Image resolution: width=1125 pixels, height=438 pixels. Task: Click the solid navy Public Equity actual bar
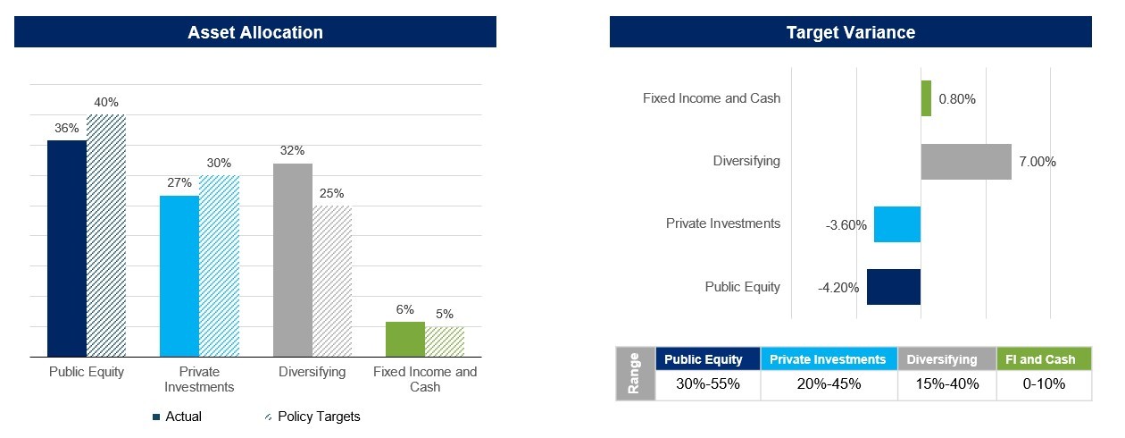pyautogui.click(x=67, y=248)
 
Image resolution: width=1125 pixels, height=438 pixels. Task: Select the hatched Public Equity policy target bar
pyautogui.click(x=106, y=236)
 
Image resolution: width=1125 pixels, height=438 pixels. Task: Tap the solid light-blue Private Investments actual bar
pyautogui.click(x=179, y=276)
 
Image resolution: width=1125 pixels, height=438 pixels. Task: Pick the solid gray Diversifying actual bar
pyautogui.click(x=293, y=260)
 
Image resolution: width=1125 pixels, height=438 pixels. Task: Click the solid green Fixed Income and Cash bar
pyautogui.click(x=405, y=340)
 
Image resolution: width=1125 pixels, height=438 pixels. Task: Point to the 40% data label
pyautogui.click(x=106, y=103)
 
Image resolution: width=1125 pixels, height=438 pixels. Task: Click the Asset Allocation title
pyautogui.click(x=255, y=33)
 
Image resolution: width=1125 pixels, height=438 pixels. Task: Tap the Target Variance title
pyautogui.click(x=850, y=33)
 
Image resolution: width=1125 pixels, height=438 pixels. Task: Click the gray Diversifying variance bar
pyautogui.click(x=966, y=162)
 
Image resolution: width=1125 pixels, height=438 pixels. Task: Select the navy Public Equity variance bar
pyautogui.click(x=894, y=287)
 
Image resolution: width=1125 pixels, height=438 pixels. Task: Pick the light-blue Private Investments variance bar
pyautogui.click(x=897, y=224)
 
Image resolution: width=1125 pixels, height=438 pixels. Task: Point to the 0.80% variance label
pyautogui.click(x=957, y=99)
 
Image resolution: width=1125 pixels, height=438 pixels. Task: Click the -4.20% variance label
pyautogui.click(x=838, y=288)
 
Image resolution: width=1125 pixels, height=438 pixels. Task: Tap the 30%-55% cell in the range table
pyautogui.click(x=707, y=384)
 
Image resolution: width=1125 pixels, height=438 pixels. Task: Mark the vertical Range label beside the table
pyautogui.click(x=635, y=373)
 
